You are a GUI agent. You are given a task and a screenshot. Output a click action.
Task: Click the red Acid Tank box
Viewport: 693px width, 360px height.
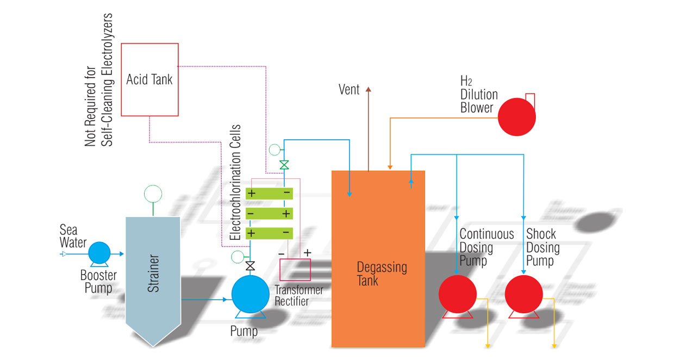point(149,79)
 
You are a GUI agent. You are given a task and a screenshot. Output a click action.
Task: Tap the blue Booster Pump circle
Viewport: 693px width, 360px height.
point(99,253)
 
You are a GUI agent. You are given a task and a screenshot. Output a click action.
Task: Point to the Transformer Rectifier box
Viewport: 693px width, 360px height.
point(295,269)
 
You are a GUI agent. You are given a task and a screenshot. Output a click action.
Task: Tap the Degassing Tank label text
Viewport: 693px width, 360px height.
point(382,274)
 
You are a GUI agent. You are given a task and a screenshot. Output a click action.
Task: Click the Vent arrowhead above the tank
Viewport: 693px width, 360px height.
point(369,89)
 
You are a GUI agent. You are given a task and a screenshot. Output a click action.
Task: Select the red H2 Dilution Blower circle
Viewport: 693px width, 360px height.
point(517,116)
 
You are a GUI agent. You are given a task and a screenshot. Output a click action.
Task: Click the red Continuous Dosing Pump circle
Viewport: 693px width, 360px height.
point(458,294)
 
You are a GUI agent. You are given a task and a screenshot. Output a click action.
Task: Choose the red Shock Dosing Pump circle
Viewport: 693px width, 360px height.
point(524,294)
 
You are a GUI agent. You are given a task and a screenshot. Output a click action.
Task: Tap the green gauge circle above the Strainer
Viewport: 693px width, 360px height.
point(153,193)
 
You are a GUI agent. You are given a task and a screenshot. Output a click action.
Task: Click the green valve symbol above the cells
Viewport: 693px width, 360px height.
point(284,164)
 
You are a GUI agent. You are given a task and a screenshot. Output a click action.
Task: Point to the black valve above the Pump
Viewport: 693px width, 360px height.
point(251,266)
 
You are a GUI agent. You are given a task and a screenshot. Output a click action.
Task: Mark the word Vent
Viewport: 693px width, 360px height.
point(349,90)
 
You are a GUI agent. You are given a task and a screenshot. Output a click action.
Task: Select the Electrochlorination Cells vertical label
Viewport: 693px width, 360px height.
point(235,183)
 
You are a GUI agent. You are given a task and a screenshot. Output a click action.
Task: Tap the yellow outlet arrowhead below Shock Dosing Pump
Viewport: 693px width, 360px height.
point(554,344)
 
